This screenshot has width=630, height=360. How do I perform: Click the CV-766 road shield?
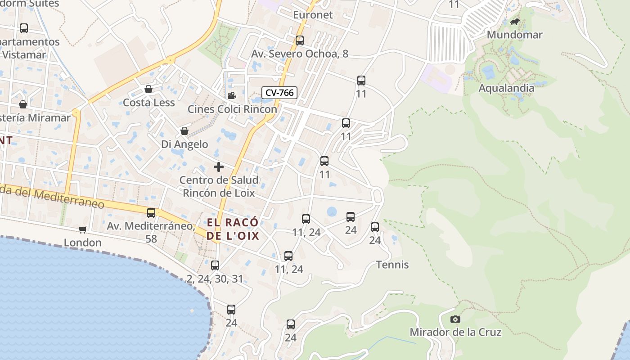click(279, 93)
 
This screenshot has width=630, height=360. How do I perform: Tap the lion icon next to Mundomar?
click(515, 22)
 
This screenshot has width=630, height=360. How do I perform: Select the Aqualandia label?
click(506, 88)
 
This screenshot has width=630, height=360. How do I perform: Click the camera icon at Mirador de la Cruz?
click(455, 319)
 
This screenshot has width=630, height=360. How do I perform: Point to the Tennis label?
click(392, 265)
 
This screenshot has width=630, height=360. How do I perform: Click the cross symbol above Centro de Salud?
click(219, 167)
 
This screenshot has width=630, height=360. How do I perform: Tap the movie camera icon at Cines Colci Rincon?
click(232, 95)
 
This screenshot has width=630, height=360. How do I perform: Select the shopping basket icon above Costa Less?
click(148, 89)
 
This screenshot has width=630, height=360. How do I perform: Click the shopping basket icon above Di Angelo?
click(184, 131)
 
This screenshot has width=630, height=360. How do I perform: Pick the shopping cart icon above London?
click(82, 229)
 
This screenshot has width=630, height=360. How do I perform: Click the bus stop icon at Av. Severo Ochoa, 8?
click(300, 40)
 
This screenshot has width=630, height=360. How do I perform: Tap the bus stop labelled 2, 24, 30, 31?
click(215, 265)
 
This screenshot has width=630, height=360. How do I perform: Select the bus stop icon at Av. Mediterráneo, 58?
click(151, 213)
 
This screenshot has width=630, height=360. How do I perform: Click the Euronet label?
click(313, 15)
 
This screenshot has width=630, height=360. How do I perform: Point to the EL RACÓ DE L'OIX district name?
click(233, 229)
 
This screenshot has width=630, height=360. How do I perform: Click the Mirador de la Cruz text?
click(455, 332)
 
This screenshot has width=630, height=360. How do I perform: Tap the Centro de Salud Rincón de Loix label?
click(219, 186)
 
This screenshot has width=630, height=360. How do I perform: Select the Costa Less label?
click(149, 103)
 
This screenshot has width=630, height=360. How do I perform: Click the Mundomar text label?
click(515, 35)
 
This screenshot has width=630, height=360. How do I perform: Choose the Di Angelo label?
click(184, 144)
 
